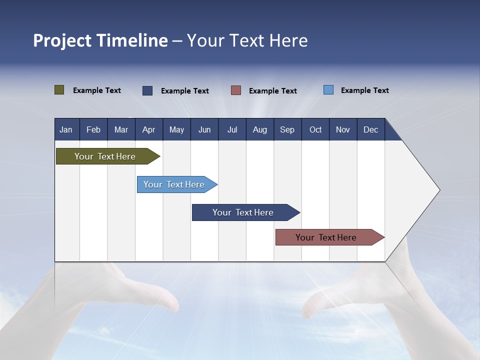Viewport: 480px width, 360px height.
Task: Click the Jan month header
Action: point(66,129)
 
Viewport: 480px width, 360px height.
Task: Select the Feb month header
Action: point(93,129)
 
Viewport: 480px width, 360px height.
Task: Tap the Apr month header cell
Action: point(148,129)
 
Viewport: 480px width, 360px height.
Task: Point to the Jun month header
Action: point(204,129)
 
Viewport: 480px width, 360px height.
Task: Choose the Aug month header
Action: point(260,129)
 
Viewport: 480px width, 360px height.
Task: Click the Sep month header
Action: point(287,129)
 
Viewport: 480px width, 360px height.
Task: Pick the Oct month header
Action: point(315,129)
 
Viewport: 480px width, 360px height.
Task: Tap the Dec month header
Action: point(370,129)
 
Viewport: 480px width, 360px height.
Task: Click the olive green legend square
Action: point(59,90)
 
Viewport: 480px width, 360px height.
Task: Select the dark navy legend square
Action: point(147,90)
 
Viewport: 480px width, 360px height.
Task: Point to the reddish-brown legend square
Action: point(236,90)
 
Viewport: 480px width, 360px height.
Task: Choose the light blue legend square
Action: point(328,90)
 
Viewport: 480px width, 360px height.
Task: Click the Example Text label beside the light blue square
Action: point(364,90)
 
